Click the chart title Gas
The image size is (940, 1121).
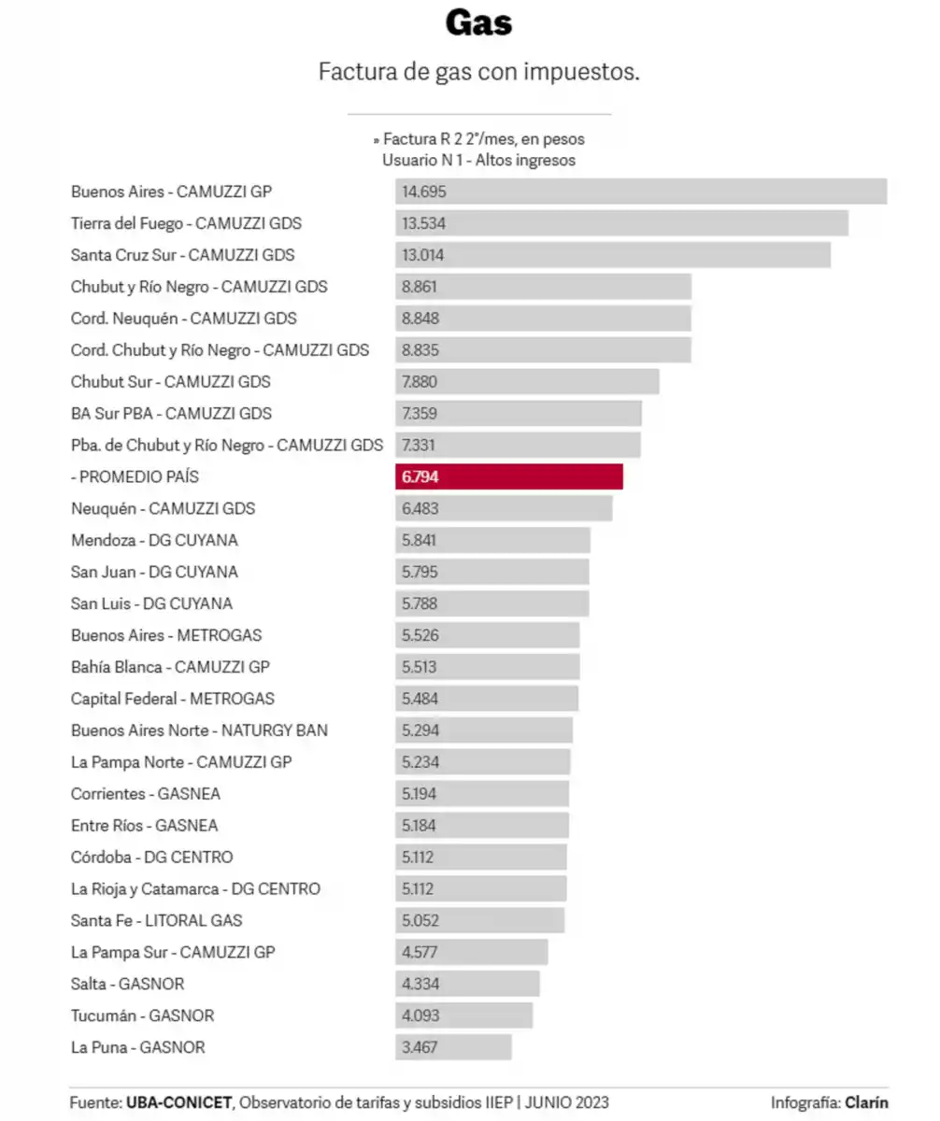[478, 22]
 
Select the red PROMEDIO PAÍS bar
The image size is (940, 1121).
[509, 476]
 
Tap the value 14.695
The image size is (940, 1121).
[424, 192]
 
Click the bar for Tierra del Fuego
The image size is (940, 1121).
[621, 223]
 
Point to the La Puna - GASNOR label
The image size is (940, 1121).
[137, 1047]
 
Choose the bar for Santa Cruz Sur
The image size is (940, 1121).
[613, 255]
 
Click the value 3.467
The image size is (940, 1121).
[420, 1047]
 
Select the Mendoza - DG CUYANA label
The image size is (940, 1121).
[154, 540]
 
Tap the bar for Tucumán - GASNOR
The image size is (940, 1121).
[464, 1015]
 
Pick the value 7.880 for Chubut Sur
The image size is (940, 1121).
[420, 381]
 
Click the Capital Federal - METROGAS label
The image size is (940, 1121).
[173, 699]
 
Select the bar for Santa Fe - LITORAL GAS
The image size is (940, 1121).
[480, 920]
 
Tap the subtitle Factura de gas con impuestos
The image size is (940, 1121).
[478, 72]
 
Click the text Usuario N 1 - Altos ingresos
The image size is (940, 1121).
[478, 160]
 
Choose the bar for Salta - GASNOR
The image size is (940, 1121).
[467, 984]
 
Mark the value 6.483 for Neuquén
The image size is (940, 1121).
[420, 508]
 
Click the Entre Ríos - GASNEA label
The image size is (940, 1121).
[146, 826]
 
